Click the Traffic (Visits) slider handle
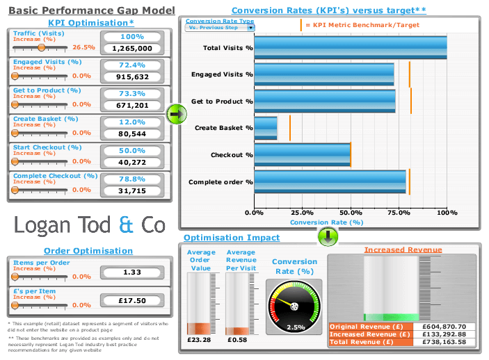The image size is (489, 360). [x=42, y=48]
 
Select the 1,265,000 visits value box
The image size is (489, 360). [x=131, y=49]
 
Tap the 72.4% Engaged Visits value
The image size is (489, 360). [x=131, y=65]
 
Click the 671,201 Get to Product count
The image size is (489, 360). [x=131, y=105]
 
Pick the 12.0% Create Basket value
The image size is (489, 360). [x=131, y=122]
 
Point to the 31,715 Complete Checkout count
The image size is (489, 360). [x=131, y=190]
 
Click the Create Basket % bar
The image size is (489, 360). [x=266, y=128]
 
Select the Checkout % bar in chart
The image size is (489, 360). [x=303, y=155]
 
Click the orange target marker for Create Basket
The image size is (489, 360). [x=290, y=128]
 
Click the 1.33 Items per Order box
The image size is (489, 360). [x=131, y=272]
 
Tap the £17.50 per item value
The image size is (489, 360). [x=131, y=301]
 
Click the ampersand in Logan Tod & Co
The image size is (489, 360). [x=126, y=224]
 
